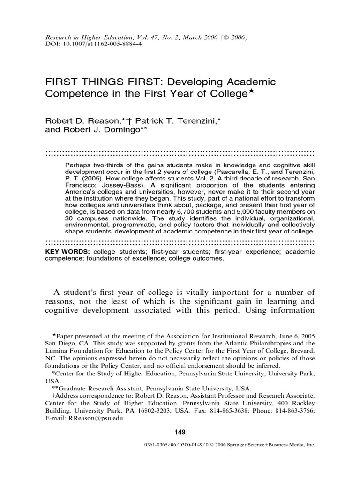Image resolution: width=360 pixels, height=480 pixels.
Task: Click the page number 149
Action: pos(180,431)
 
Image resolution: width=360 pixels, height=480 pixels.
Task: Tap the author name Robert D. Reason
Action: pos(77,121)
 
